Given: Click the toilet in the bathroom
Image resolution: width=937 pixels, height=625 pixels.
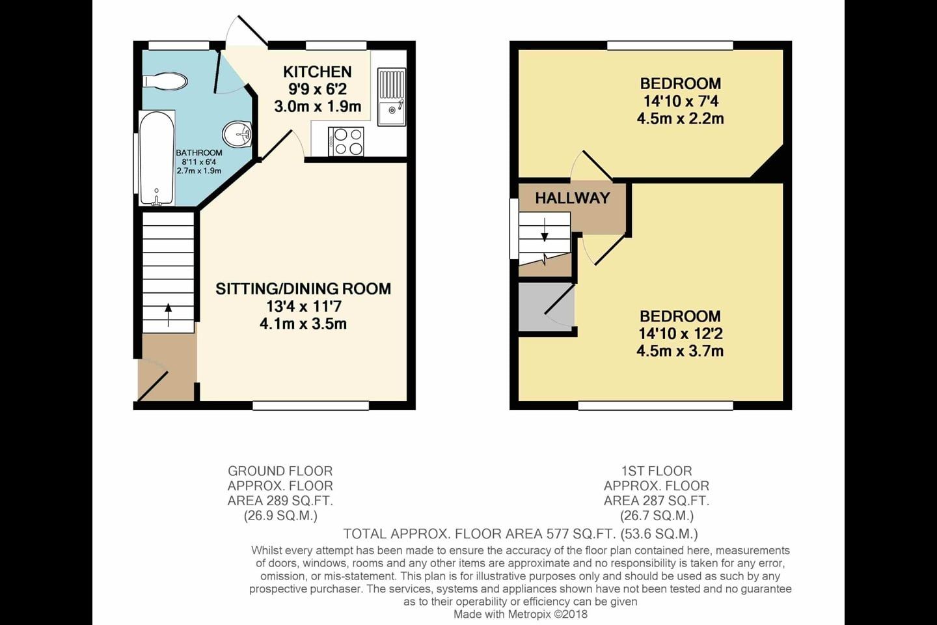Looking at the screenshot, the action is [x=165, y=81].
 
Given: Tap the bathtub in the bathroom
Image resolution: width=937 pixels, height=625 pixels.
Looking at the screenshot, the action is [x=156, y=158].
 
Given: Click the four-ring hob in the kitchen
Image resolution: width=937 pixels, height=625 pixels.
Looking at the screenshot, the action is [x=346, y=142].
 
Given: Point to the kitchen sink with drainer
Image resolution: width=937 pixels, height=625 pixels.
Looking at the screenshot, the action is [x=392, y=97].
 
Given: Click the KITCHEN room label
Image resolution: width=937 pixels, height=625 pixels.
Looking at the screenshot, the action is [x=318, y=72].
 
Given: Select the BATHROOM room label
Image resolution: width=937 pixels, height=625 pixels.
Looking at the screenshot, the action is [x=199, y=153].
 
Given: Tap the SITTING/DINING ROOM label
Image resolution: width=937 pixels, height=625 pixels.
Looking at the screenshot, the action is [x=303, y=289].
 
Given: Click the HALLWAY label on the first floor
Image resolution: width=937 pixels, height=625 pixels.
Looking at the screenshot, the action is [x=573, y=198].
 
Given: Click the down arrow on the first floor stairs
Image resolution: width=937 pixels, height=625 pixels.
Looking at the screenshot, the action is [x=544, y=230].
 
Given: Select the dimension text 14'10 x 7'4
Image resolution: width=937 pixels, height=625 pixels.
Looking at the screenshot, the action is [x=680, y=102].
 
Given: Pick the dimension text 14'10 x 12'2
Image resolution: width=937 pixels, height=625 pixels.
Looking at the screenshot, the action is [x=681, y=333].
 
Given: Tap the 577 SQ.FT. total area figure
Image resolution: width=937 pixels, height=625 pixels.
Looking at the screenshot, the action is [x=582, y=534].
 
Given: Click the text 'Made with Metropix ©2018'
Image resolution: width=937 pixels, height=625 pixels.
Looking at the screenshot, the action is [x=521, y=614].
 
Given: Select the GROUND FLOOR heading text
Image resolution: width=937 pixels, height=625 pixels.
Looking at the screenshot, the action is [x=280, y=471].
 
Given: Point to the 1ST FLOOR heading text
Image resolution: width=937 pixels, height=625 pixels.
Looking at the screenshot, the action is [x=657, y=471].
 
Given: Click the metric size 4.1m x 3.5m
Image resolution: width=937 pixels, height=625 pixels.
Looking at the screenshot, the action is [x=303, y=324].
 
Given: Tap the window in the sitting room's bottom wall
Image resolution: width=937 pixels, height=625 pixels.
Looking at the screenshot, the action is [x=311, y=405].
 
